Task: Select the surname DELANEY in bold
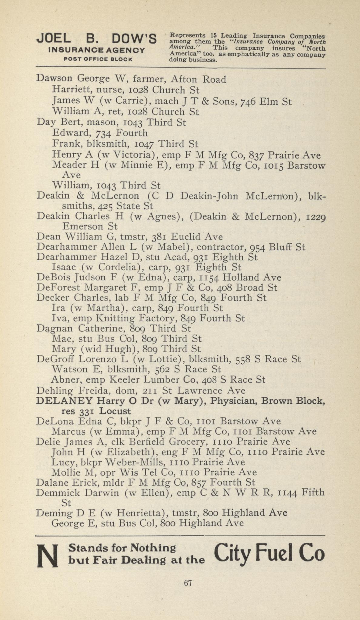64,401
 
